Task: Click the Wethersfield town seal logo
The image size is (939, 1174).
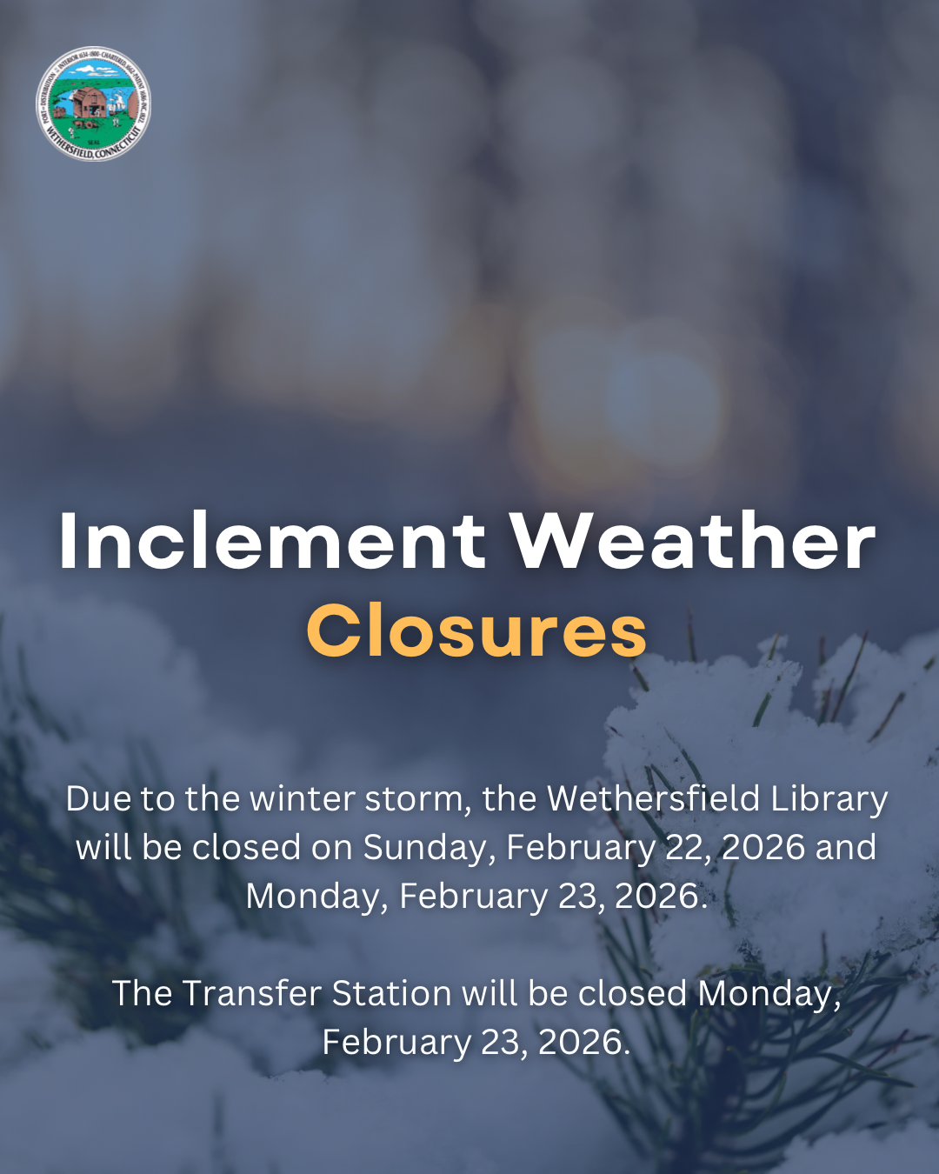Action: [x=93, y=103]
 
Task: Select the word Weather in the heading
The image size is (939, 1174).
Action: [x=693, y=541]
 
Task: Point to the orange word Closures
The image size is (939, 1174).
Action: [x=476, y=631]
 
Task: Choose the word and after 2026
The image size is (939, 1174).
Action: [x=843, y=848]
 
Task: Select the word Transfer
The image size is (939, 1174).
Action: [x=251, y=993]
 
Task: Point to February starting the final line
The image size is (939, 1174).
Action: [x=396, y=1042]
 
